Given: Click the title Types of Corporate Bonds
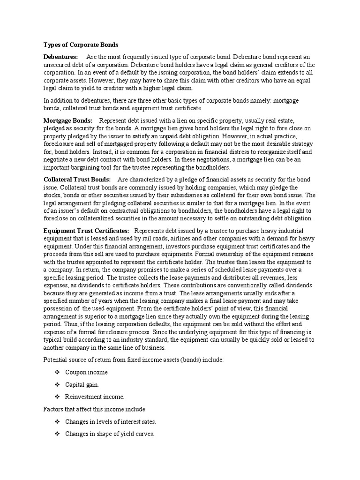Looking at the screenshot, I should (x=81, y=45).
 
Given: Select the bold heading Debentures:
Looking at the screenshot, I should (x=60, y=57).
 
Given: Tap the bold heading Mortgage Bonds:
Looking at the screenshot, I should (x=68, y=120).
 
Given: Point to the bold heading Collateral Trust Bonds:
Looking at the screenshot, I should (x=77, y=180).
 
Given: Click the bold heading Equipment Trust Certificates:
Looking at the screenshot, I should (x=86, y=231).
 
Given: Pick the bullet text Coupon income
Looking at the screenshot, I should (x=86, y=372).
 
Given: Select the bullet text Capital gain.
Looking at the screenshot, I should (x=82, y=384).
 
